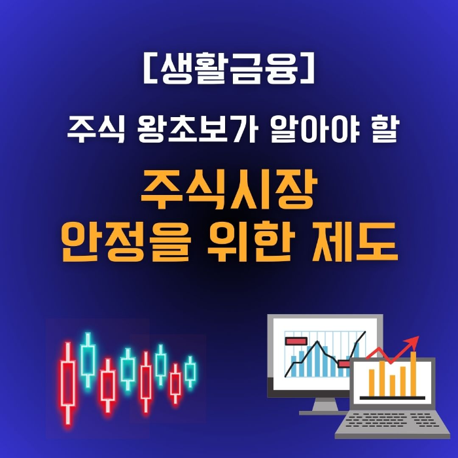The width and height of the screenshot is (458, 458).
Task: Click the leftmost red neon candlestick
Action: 67,383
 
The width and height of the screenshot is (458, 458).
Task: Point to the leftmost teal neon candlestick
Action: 88,359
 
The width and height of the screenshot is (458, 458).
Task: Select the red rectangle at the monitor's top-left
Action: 296,341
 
